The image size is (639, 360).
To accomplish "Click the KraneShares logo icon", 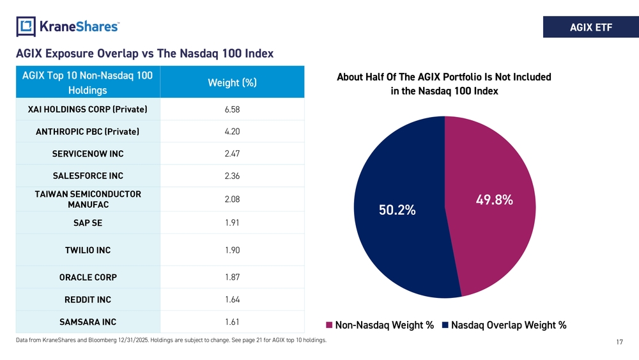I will point(26,26).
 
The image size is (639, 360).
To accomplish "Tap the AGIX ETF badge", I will point(590,27).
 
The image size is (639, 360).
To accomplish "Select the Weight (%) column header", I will point(232,83).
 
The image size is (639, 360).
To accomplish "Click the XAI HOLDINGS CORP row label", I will point(88,110).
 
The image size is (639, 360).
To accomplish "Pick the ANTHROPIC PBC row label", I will point(88,132).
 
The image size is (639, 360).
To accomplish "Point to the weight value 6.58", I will point(233,110).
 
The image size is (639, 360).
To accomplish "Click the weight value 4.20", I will point(233,132).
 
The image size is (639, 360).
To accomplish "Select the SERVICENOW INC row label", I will point(88,154).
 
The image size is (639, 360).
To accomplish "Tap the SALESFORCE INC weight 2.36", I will point(233,176).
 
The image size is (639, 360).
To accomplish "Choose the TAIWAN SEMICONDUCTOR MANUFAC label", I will point(88,200).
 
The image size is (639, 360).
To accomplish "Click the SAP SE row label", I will point(88,223).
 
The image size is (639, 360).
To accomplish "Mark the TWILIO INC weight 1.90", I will point(233,250).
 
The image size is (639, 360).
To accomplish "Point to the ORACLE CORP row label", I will point(88,278).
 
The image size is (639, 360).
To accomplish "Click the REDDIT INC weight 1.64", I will point(233,300).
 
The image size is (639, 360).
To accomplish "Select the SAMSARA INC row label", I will point(88,322).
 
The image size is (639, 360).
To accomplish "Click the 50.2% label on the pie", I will point(397,210).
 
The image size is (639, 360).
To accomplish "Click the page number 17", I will point(619,343).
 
